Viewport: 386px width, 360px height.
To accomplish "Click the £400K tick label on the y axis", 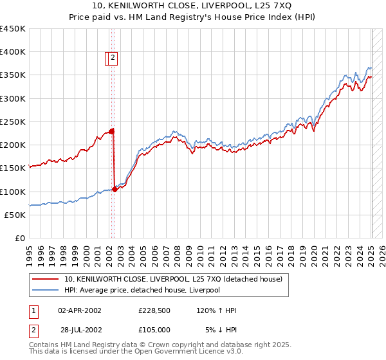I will [12, 52].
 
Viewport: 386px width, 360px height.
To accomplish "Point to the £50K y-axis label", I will [15, 215].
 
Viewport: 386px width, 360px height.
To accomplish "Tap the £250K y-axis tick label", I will [12, 122].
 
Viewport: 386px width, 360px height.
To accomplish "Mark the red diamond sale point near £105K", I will [115, 189].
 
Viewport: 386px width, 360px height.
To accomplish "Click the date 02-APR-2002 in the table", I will [80, 310].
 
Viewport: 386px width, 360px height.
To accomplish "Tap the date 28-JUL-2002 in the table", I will [80, 330].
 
